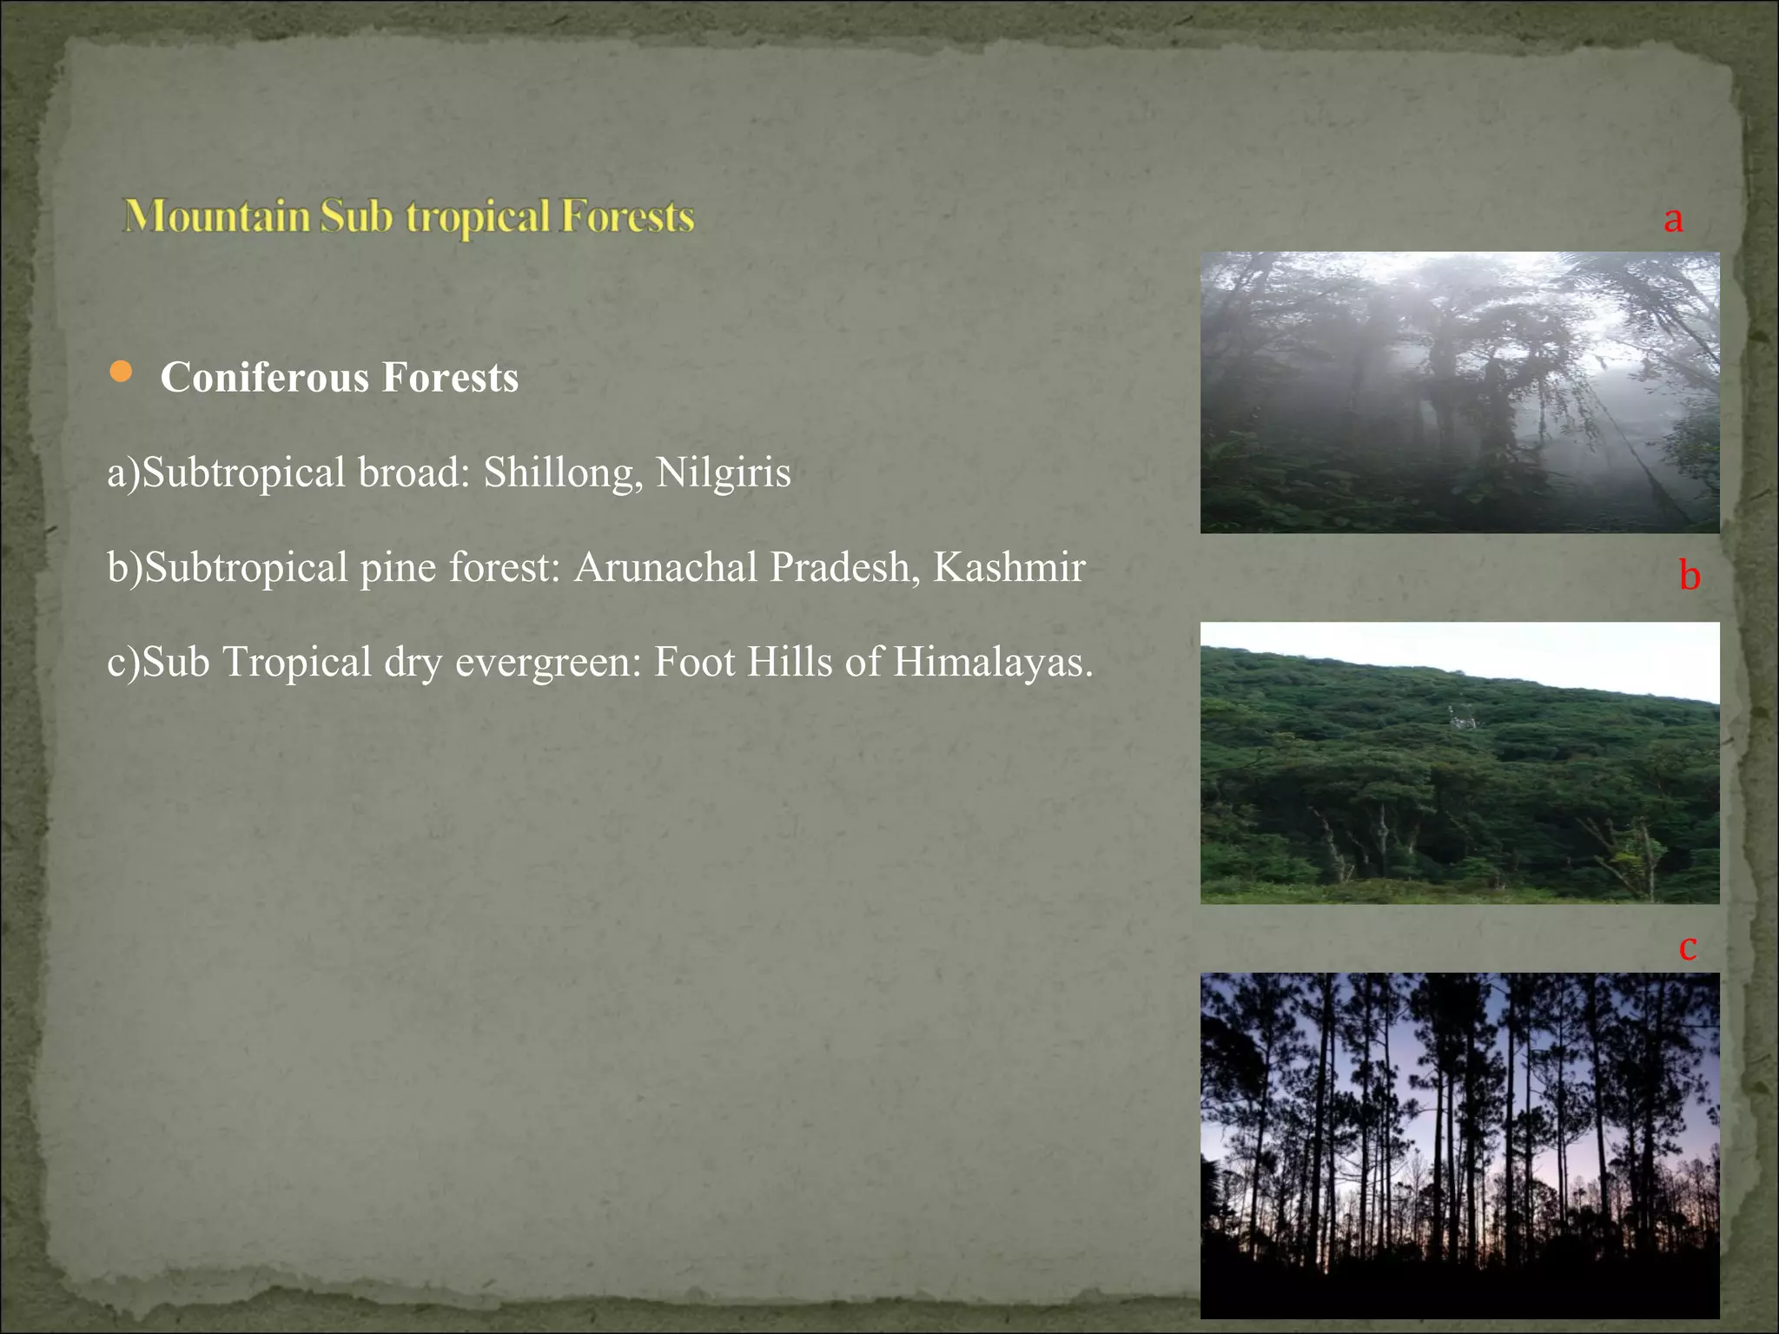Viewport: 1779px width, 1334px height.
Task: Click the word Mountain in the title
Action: pyautogui.click(x=217, y=215)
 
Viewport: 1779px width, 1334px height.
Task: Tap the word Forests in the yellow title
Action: pyautogui.click(x=626, y=215)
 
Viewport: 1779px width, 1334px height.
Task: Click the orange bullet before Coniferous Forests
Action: pyautogui.click(x=121, y=373)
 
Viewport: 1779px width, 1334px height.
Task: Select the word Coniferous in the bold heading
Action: pyautogui.click(x=265, y=378)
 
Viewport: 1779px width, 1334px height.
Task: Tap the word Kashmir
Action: pyautogui.click(x=1009, y=568)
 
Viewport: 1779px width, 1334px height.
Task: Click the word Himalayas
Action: pyautogui.click(x=992, y=662)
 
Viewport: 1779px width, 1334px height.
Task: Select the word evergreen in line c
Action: pyautogui.click(x=548, y=664)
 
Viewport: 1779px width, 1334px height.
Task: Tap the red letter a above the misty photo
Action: pyautogui.click(x=1673, y=219)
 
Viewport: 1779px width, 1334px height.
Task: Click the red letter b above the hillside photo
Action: pyautogui.click(x=1689, y=575)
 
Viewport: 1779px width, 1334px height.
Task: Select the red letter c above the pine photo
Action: pyautogui.click(x=1687, y=947)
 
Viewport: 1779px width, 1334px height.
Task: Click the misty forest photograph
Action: pyautogui.click(x=1459, y=393)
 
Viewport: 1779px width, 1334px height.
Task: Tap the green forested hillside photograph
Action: pyautogui.click(x=1459, y=763)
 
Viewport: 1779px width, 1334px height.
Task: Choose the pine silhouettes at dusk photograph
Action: pyautogui.click(x=1459, y=1145)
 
